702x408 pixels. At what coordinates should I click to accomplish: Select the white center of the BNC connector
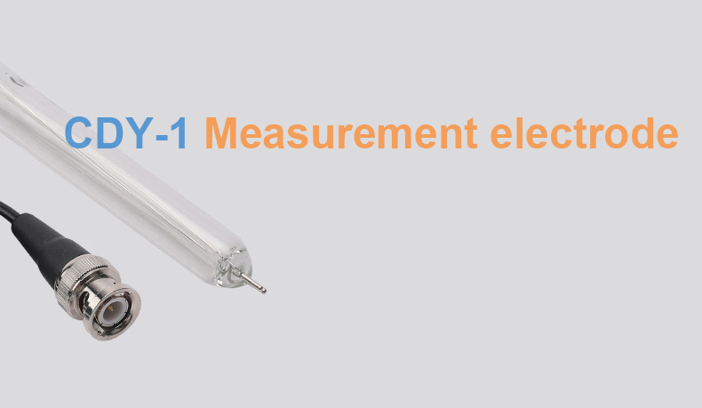coord(110,310)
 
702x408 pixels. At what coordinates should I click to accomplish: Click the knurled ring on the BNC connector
coord(82,276)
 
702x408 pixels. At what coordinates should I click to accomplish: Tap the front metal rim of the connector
coord(112,312)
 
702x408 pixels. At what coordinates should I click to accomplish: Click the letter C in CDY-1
coord(80,132)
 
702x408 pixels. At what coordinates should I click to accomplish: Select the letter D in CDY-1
coord(108,132)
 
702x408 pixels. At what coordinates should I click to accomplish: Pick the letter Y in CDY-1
coord(137,132)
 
